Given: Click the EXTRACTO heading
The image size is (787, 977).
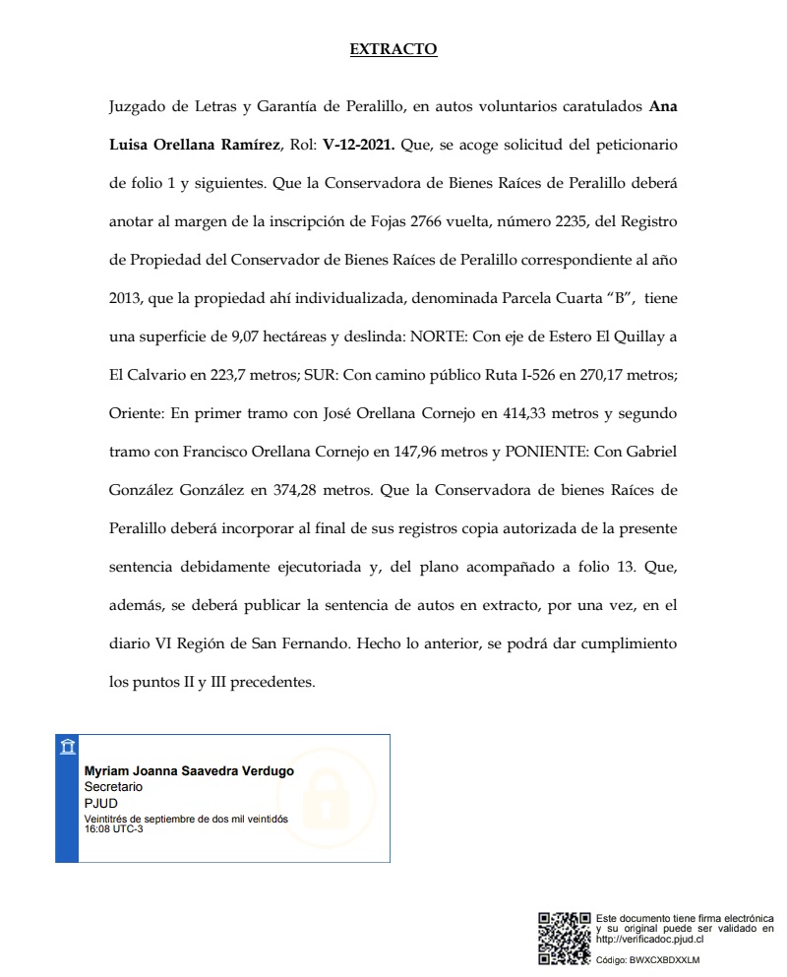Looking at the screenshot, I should click(x=393, y=49).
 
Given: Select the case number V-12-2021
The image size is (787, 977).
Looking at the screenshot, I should click(x=359, y=145).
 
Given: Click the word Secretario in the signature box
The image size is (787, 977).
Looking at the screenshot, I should click(x=113, y=787).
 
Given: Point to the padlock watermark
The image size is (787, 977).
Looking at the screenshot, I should click(x=326, y=794).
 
